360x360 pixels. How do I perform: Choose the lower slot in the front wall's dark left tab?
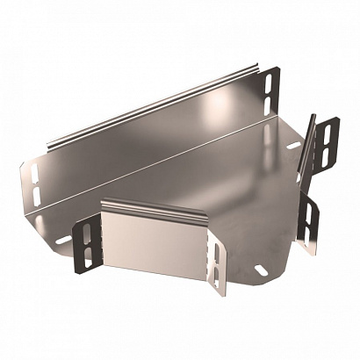[89, 254]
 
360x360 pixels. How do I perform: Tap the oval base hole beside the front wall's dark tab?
[64, 239]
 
